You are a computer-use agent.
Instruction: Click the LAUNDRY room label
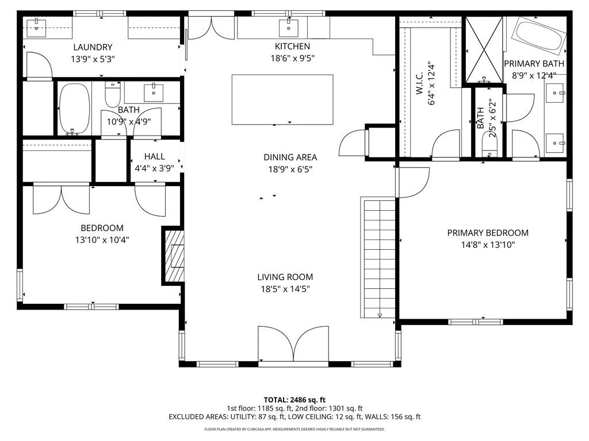93,47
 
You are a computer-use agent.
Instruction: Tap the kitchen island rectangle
282,99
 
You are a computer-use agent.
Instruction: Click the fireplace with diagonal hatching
174,256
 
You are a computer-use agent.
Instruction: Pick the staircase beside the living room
378,258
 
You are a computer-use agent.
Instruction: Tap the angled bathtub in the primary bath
540,36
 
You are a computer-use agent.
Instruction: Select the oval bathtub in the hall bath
74,107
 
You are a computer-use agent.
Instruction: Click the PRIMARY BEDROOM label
488,233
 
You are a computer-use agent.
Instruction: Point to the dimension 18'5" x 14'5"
285,289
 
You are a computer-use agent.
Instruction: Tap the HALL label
154,156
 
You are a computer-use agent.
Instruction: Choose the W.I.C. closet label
419,83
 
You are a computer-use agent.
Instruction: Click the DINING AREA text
290,157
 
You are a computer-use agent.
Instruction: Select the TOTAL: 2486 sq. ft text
294,400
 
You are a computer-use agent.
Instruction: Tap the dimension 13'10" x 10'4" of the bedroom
102,240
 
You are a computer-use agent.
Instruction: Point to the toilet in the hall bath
113,95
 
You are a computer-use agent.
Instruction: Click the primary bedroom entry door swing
412,182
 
